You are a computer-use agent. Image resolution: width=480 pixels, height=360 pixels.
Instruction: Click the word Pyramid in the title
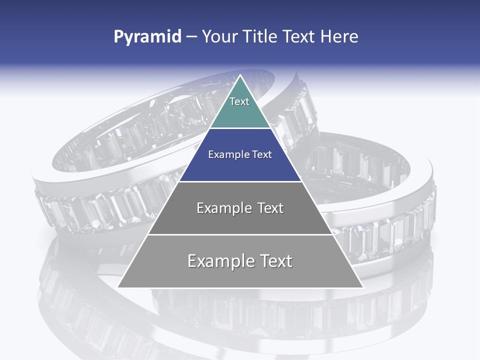coord(147,37)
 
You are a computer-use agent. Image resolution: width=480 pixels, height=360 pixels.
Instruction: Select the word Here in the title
coord(339,36)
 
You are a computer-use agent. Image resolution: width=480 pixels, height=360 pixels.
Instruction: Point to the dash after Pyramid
coord(191,37)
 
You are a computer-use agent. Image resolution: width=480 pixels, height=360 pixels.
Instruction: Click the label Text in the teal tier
coord(239,101)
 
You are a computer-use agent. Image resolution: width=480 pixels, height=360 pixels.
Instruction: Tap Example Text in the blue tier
coord(240,154)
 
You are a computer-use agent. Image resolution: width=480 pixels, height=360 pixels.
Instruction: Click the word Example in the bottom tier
coord(220,261)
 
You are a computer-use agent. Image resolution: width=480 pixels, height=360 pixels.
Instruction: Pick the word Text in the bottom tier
coord(275,261)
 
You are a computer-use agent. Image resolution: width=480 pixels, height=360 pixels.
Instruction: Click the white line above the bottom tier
coord(240,234)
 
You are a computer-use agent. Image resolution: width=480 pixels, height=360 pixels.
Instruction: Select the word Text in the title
coord(300,36)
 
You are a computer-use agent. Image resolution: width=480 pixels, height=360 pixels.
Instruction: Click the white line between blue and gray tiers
coord(240,181)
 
